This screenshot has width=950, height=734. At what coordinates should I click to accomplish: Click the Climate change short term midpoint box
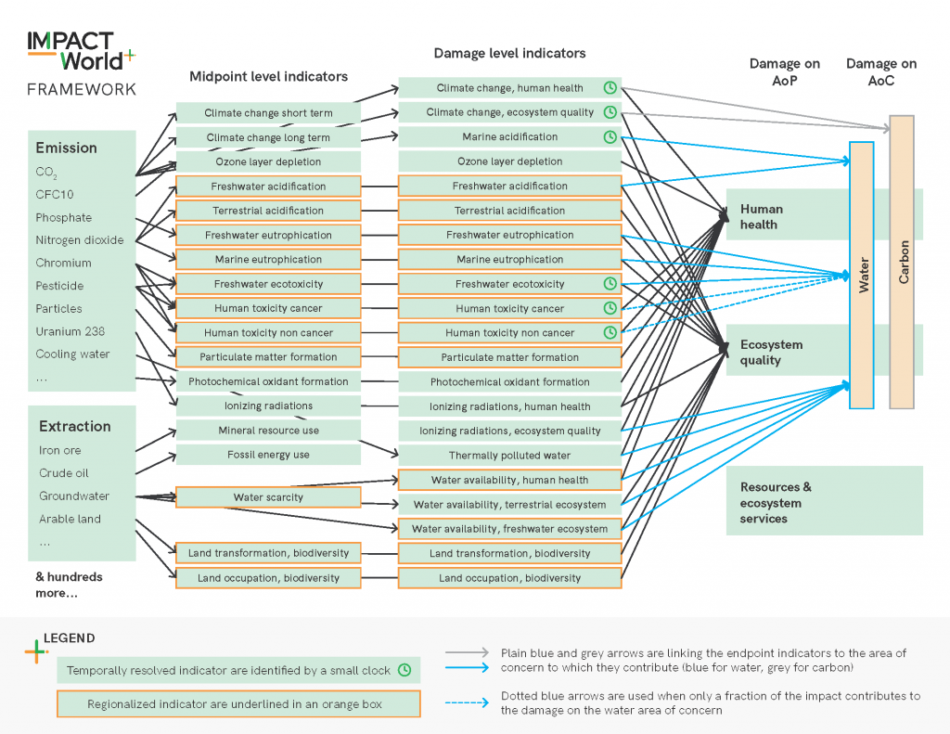(x=268, y=113)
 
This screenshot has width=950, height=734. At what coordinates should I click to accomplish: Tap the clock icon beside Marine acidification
(x=610, y=137)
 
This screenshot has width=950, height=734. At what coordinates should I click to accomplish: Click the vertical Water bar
(x=862, y=276)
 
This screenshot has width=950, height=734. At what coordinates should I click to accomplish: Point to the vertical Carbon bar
(x=902, y=262)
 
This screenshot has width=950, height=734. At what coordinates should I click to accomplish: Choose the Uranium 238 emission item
(x=71, y=331)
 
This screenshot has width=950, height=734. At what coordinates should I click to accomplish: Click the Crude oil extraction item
(x=64, y=473)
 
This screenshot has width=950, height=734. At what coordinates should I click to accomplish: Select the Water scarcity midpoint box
(x=268, y=498)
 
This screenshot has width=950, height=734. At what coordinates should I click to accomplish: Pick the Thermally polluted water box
(x=509, y=456)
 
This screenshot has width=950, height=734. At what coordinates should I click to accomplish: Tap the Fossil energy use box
(x=268, y=455)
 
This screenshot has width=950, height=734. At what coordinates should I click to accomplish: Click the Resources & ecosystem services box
(x=824, y=503)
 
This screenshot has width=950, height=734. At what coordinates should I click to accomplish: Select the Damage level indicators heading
(x=509, y=53)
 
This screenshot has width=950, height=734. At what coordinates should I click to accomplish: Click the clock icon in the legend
(x=404, y=669)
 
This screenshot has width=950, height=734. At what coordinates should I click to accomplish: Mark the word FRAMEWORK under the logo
(x=82, y=90)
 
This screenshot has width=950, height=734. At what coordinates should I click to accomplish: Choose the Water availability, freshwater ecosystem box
(x=509, y=529)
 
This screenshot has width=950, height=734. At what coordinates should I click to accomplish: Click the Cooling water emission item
(x=72, y=354)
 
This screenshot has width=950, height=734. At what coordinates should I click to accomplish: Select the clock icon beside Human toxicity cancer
(x=610, y=308)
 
